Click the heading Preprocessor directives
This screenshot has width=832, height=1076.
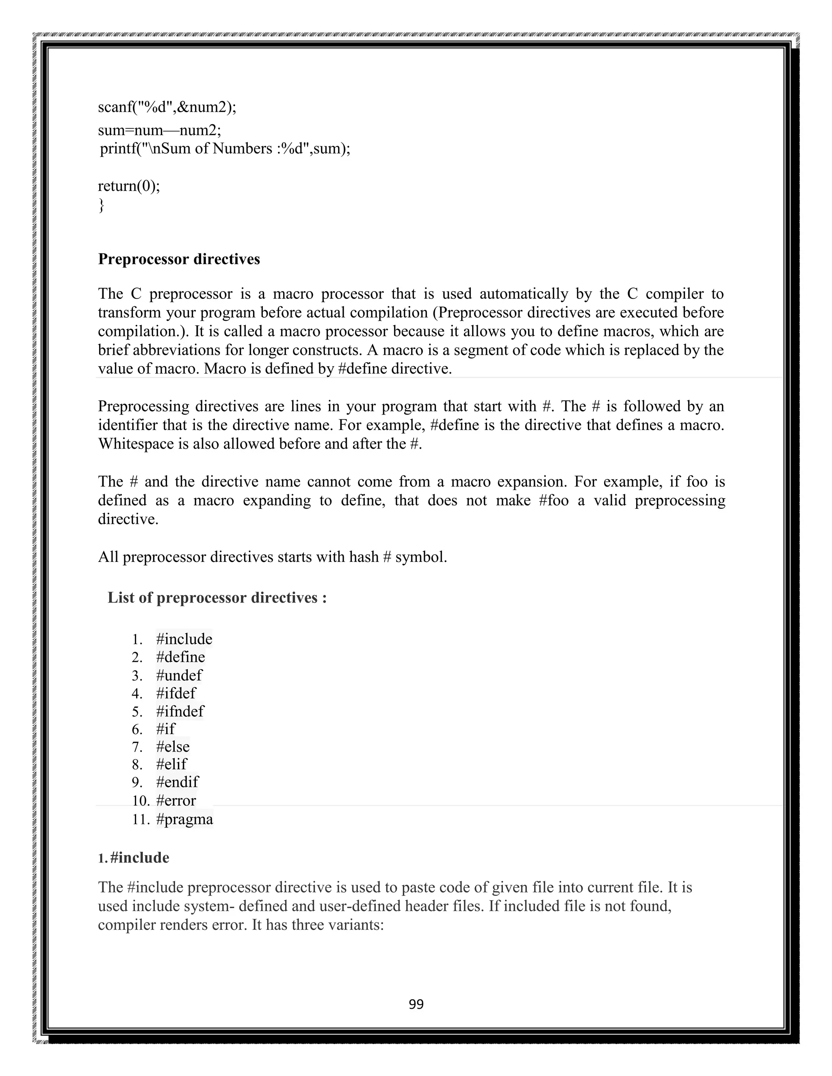tap(179, 259)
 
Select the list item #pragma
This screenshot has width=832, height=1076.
tap(184, 819)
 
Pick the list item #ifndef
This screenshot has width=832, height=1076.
tap(180, 711)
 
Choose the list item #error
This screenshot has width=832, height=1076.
tap(176, 800)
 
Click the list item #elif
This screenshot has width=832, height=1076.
tap(171, 764)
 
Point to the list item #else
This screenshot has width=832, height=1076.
tap(173, 746)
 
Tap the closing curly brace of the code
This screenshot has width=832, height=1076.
tap(102, 205)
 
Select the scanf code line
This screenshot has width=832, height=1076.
tap(167, 107)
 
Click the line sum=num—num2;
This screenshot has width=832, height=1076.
tap(160, 131)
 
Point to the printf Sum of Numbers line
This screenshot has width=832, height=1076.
tap(225, 148)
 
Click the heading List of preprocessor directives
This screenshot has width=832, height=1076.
tap(217, 598)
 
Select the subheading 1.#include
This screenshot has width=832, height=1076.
tap(134, 858)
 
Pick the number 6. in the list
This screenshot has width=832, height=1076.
tap(137, 729)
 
